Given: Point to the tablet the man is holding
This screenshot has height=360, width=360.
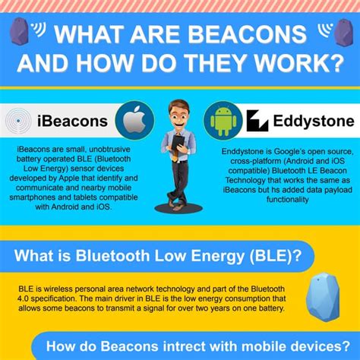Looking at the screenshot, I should (x=179, y=144).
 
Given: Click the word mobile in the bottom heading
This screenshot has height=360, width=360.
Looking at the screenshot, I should (x=240, y=348).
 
